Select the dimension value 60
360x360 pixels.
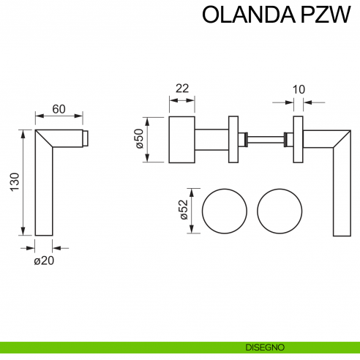59,109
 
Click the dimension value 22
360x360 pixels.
182,89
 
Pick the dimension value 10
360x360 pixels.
298,89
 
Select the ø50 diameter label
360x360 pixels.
138,139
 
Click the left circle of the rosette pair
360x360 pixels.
224,211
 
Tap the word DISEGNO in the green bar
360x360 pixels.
266,347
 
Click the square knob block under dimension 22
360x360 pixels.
182,139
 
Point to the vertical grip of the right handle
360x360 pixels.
340,198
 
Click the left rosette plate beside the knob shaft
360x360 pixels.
233,139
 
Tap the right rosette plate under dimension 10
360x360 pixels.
298,139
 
